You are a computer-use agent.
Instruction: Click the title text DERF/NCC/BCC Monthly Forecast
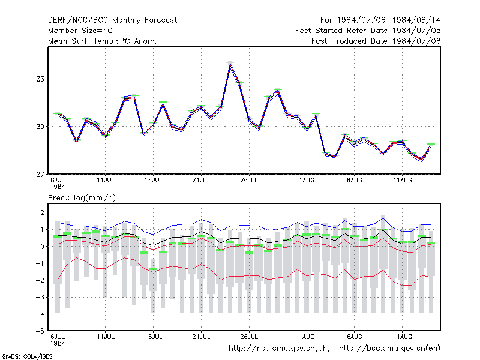112,20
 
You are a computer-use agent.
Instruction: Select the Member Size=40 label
80,31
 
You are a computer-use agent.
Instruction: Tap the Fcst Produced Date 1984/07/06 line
376,41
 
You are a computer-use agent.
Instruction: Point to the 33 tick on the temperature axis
40,79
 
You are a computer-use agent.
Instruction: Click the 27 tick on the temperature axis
40,175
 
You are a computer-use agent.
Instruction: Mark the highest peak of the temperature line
230,62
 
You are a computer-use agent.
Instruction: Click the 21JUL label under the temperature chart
201,181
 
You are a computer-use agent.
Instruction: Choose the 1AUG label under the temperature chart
307,181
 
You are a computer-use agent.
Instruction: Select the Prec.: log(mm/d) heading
82,198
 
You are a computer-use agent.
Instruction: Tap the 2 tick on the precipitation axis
42,212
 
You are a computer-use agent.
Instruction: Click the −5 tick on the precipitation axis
40,331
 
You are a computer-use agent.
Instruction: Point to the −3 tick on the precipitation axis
40,297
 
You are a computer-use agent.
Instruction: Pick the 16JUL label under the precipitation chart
154,337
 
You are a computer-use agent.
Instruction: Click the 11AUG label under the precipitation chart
403,337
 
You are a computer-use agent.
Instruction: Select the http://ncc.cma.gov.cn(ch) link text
279,349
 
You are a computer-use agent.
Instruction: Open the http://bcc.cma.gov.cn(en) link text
389,349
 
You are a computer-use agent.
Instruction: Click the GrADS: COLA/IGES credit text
27,356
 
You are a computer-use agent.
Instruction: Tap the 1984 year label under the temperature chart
58,187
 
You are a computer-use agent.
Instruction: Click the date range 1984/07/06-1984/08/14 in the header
389,20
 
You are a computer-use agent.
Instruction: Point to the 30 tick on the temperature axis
40,127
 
